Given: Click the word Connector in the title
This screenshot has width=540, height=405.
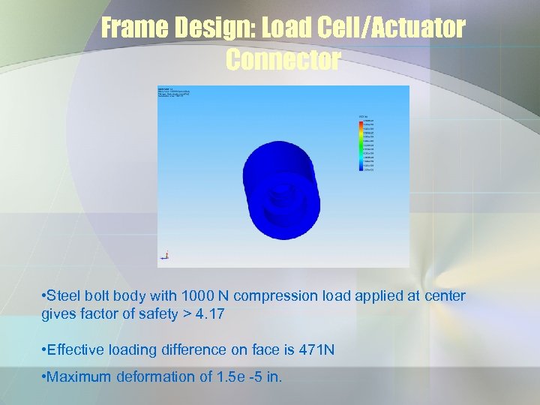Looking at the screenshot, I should [x=283, y=60].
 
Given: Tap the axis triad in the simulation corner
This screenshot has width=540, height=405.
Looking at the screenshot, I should [x=165, y=255].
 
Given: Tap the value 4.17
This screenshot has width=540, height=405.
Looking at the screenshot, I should [x=209, y=314].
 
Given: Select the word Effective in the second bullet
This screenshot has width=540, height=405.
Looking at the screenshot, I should [x=78, y=349].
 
